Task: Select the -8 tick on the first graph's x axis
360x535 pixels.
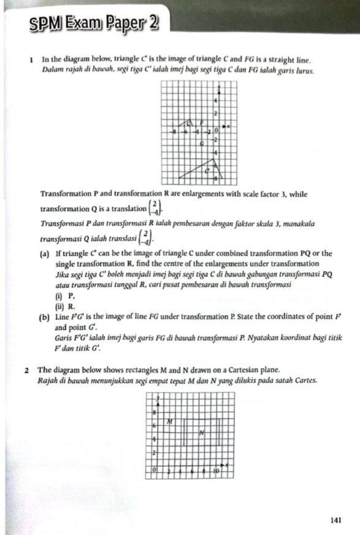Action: point(175,131)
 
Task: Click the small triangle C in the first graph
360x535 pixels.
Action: point(189,125)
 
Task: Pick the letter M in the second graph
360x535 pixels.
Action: point(170,421)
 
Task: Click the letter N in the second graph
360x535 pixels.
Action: point(201,434)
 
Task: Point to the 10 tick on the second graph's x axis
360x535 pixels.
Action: point(215,471)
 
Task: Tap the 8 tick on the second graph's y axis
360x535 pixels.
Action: point(155,414)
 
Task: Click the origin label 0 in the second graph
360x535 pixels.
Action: point(155,470)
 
